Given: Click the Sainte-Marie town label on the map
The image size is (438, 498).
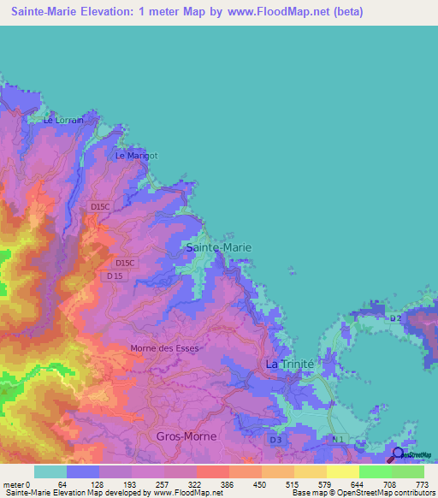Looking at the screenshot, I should coord(219,247).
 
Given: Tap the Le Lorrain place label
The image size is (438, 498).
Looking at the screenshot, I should coord(64,121).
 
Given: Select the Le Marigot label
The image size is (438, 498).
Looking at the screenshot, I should coord(137,156).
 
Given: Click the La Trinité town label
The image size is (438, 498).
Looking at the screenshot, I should coord(290,364).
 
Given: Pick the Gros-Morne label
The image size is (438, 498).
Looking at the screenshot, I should coord(186,436).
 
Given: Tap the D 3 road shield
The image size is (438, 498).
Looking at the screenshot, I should coord(275,440).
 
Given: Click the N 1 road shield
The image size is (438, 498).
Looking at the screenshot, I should coord(339,440).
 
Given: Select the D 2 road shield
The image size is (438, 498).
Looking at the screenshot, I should coord(394,319).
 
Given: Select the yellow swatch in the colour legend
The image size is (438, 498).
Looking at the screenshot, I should coord(342,471).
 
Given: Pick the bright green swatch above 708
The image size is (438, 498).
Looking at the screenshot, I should coord(375,471).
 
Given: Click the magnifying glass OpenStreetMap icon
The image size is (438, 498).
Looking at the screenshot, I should coord(399,454).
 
